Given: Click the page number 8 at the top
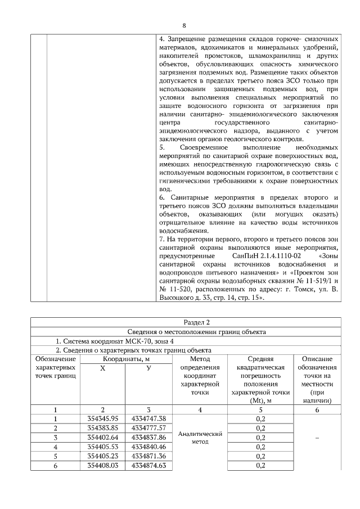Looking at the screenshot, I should (184, 25).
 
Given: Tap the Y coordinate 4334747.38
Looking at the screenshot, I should (148, 418).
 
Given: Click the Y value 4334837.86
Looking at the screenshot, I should (148, 438).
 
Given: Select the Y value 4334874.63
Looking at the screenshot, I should (148, 466).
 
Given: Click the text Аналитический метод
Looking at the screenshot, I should (200, 438).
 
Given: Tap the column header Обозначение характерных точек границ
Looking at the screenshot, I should (55, 367).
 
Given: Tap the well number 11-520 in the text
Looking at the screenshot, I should (179, 290).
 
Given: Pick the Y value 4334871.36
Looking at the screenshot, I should (148, 456).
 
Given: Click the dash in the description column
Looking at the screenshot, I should (317, 438).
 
